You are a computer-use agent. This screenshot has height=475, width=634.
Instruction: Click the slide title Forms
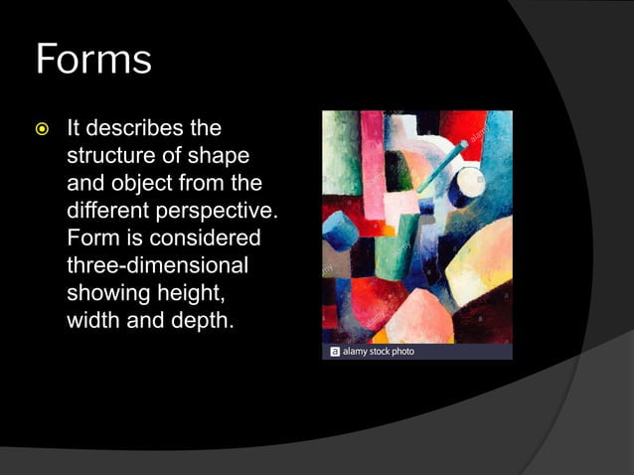93,59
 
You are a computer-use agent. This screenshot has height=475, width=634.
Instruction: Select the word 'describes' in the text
135,129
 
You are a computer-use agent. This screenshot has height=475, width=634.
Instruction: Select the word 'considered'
203,239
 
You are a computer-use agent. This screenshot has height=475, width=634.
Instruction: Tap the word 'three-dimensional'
157,266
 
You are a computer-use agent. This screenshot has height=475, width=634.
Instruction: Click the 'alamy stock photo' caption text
379,352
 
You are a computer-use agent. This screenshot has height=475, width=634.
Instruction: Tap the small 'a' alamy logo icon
335,352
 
